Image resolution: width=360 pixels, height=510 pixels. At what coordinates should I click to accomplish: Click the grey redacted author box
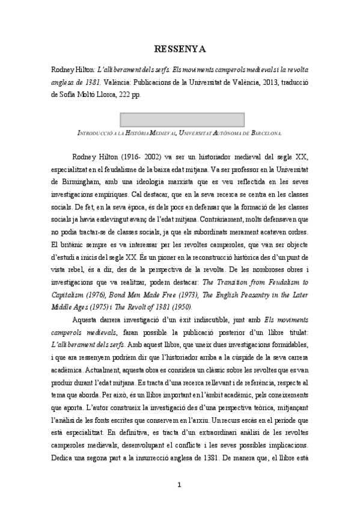pos(180,119)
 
